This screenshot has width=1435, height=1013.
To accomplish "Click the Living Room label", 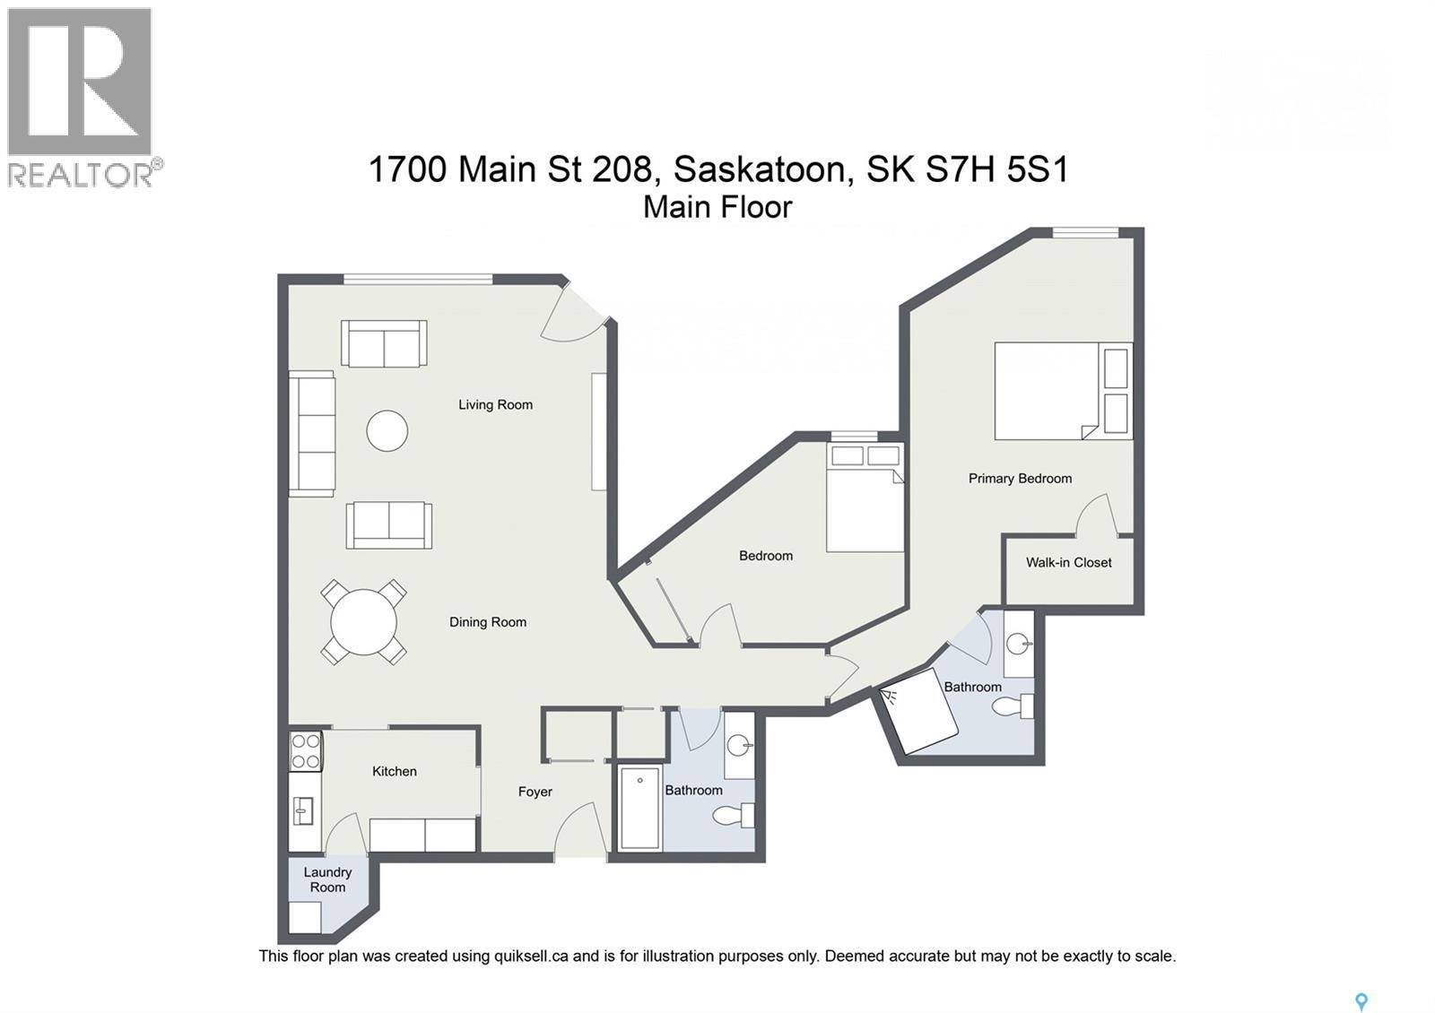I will (495, 404).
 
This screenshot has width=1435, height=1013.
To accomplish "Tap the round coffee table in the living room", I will (387, 431).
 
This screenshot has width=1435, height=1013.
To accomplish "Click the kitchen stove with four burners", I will (306, 751).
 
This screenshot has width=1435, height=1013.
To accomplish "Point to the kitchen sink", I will (303, 810).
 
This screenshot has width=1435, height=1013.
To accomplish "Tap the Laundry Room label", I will (327, 879).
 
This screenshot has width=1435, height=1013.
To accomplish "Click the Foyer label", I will (535, 792).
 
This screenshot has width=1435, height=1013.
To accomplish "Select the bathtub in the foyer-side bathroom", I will (639, 807).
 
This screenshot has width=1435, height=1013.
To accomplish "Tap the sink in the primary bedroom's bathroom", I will (1018, 643).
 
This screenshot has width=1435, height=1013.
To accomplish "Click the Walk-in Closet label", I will (1068, 562).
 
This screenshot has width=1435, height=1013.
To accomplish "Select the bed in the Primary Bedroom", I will (1063, 391).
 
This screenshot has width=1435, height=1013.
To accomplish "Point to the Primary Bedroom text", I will (1020, 478).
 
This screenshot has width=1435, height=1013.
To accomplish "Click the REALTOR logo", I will (81, 97).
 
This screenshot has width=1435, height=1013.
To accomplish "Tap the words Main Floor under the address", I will (717, 207).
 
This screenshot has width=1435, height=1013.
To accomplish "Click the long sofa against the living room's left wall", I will (311, 433).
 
